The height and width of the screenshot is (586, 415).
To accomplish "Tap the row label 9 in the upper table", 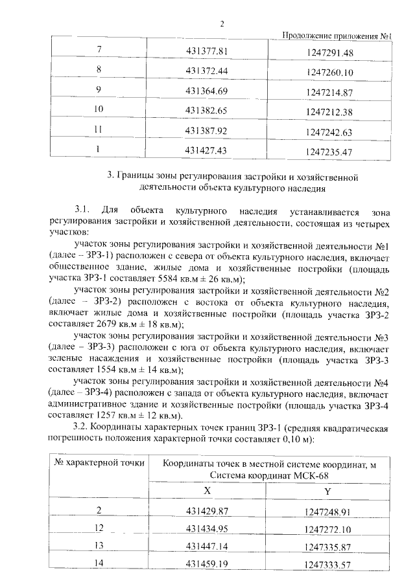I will (x=99, y=89).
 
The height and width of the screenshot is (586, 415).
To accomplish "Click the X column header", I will (x=207, y=491).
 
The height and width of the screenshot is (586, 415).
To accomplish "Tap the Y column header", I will (x=328, y=492).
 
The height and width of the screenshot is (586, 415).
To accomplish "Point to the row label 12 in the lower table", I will (x=99, y=528).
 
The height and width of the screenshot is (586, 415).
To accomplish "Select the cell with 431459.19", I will (x=208, y=564).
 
